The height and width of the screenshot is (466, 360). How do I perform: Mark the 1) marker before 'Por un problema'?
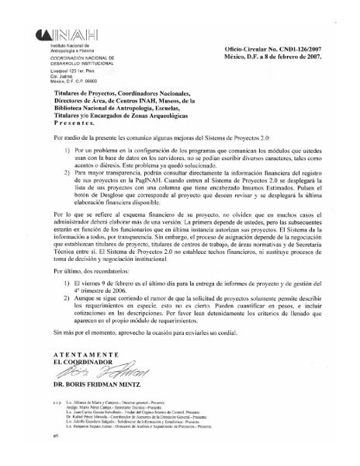[x=67, y=148]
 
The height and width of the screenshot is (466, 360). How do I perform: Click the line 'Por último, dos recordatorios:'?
[x=92, y=294]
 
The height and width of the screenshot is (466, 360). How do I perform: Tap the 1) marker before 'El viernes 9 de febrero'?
[x=67, y=307]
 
